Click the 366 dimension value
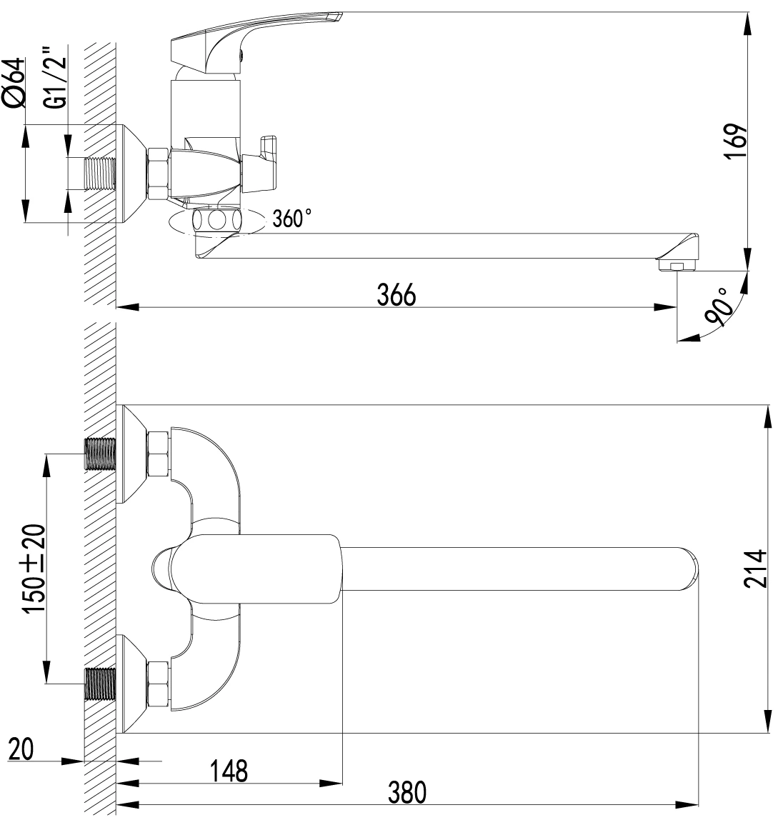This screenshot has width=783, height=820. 397,295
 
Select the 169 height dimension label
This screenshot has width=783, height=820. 736,141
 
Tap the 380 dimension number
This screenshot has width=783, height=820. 407,792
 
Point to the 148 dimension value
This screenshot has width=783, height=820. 229,771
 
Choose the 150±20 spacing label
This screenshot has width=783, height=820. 34,569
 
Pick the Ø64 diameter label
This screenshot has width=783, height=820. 14,83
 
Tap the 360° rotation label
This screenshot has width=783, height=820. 292,218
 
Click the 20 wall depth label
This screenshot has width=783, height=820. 21,749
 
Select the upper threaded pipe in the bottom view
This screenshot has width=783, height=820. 100,454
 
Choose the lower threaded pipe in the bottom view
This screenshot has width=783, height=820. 100,684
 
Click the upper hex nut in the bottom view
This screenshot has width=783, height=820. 158,454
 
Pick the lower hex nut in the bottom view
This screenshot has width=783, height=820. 158,684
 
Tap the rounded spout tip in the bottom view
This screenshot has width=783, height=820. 689,569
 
